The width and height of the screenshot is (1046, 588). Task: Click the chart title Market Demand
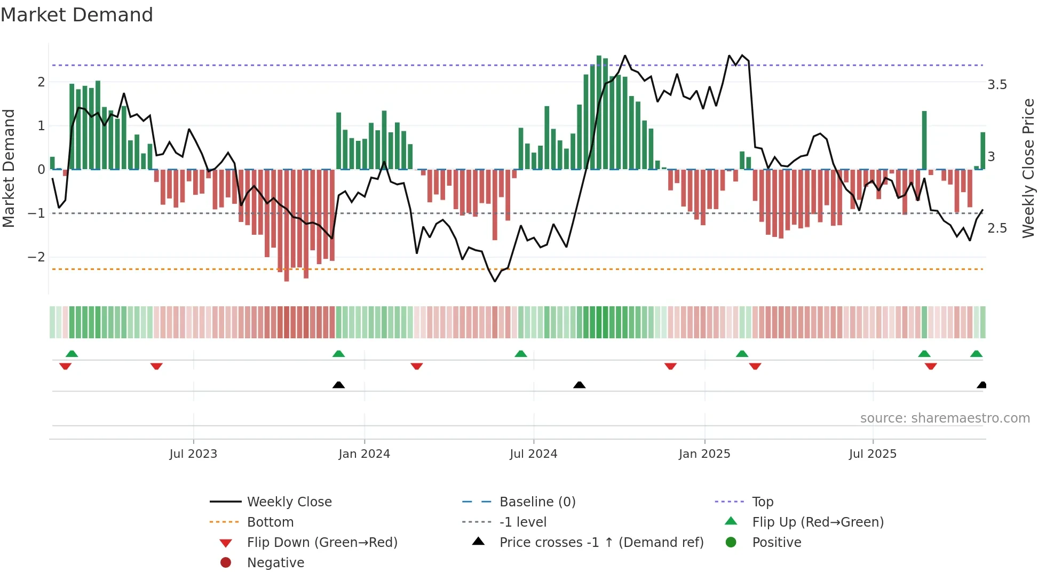click(x=77, y=15)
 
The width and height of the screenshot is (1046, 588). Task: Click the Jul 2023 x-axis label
click(x=193, y=454)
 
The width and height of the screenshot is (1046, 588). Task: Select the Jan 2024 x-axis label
click(x=364, y=454)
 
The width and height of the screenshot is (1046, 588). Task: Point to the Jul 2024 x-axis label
click(x=533, y=454)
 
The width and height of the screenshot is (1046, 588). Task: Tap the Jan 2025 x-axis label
click(x=704, y=454)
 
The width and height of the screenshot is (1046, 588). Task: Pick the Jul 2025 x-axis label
click(x=873, y=454)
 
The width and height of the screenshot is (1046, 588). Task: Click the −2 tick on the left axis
click(x=36, y=257)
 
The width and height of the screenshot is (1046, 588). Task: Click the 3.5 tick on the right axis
click(x=997, y=85)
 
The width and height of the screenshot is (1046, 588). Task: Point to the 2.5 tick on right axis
click(x=997, y=228)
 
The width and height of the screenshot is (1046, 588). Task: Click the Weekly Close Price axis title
click(x=1028, y=168)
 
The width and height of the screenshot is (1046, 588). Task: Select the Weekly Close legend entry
click(x=289, y=502)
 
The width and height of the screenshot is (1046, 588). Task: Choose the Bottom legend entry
click(x=270, y=522)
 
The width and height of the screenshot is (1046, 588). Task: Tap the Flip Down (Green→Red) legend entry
click(x=322, y=543)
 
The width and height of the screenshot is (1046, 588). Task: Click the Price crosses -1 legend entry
click(x=601, y=543)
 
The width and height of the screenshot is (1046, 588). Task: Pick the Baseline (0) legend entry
click(x=537, y=502)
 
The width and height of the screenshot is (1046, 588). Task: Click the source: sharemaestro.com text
click(x=945, y=418)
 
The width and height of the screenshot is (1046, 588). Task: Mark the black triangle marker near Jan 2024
click(x=338, y=385)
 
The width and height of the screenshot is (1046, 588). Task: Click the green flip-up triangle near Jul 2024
click(x=521, y=354)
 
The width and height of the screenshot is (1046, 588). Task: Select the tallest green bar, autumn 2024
click(x=599, y=112)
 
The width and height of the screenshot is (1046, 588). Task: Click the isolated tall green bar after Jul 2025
click(x=924, y=140)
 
